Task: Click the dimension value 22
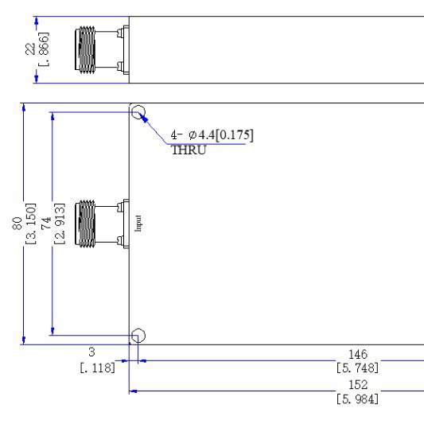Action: click(x=30, y=49)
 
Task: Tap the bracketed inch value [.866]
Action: click(x=44, y=49)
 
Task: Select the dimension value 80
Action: click(x=18, y=224)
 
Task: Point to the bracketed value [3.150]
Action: click(x=30, y=224)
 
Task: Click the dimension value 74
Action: click(x=46, y=224)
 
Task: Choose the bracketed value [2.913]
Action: click(x=60, y=224)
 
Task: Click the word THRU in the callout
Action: click(x=189, y=150)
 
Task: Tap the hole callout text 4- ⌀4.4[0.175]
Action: click(x=212, y=135)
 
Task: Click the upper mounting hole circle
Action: click(x=138, y=112)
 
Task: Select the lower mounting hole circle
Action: click(x=138, y=336)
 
